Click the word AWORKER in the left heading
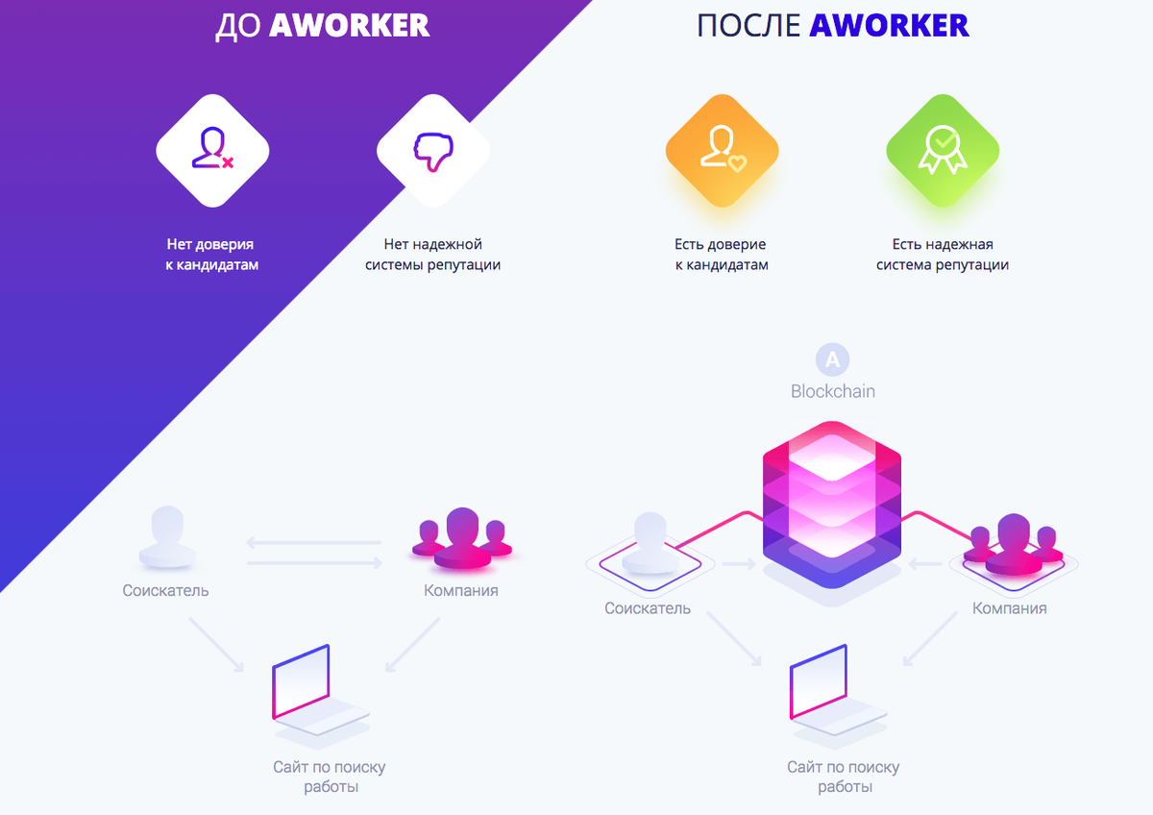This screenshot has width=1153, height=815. (x=349, y=25)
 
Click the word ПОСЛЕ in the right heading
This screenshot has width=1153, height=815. (x=748, y=26)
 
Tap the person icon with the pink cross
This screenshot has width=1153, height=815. (x=212, y=148)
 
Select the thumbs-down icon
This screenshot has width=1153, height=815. (x=433, y=151)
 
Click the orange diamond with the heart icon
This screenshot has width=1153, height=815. (x=722, y=151)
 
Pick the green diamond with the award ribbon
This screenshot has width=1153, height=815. (x=943, y=151)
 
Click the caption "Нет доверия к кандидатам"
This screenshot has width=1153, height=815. (x=211, y=255)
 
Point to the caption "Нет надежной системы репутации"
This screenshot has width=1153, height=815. (x=433, y=255)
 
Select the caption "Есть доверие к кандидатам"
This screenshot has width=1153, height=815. (x=722, y=255)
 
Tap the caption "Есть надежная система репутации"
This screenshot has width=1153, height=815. (x=943, y=255)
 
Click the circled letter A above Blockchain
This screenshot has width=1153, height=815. (x=832, y=359)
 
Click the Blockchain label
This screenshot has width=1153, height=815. (x=833, y=391)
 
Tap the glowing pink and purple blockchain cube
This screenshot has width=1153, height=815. (x=832, y=505)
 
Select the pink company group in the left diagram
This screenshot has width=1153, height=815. (x=462, y=538)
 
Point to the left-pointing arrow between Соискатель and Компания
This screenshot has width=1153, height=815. (x=313, y=542)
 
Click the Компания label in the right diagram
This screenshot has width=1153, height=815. (x=1009, y=608)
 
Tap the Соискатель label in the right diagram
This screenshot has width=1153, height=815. (x=647, y=608)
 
